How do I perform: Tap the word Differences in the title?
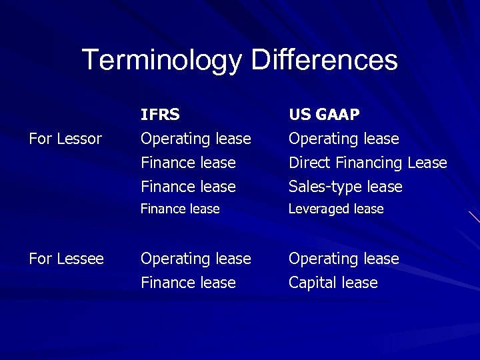[x=324, y=60]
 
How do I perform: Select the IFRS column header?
[x=159, y=115]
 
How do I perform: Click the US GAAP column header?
[x=323, y=115]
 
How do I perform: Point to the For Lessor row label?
[x=65, y=139]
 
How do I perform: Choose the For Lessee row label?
[x=66, y=258]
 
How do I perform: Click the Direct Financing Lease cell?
[x=367, y=163]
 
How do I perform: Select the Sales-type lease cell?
[x=345, y=187]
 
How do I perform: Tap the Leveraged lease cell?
[x=335, y=209]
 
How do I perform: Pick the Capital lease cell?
[x=333, y=283]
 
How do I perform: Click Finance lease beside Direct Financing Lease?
[x=188, y=163]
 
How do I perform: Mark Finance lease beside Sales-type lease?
[x=188, y=187]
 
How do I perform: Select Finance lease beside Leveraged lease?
[x=179, y=209]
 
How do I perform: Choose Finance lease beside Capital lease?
[x=188, y=283]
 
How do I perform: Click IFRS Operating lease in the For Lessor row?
[x=195, y=139]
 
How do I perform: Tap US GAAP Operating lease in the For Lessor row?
[x=343, y=139]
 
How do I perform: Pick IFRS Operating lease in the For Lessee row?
[x=195, y=258]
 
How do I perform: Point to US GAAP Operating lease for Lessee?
[x=343, y=258]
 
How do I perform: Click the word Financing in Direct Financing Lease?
[x=371, y=163]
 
